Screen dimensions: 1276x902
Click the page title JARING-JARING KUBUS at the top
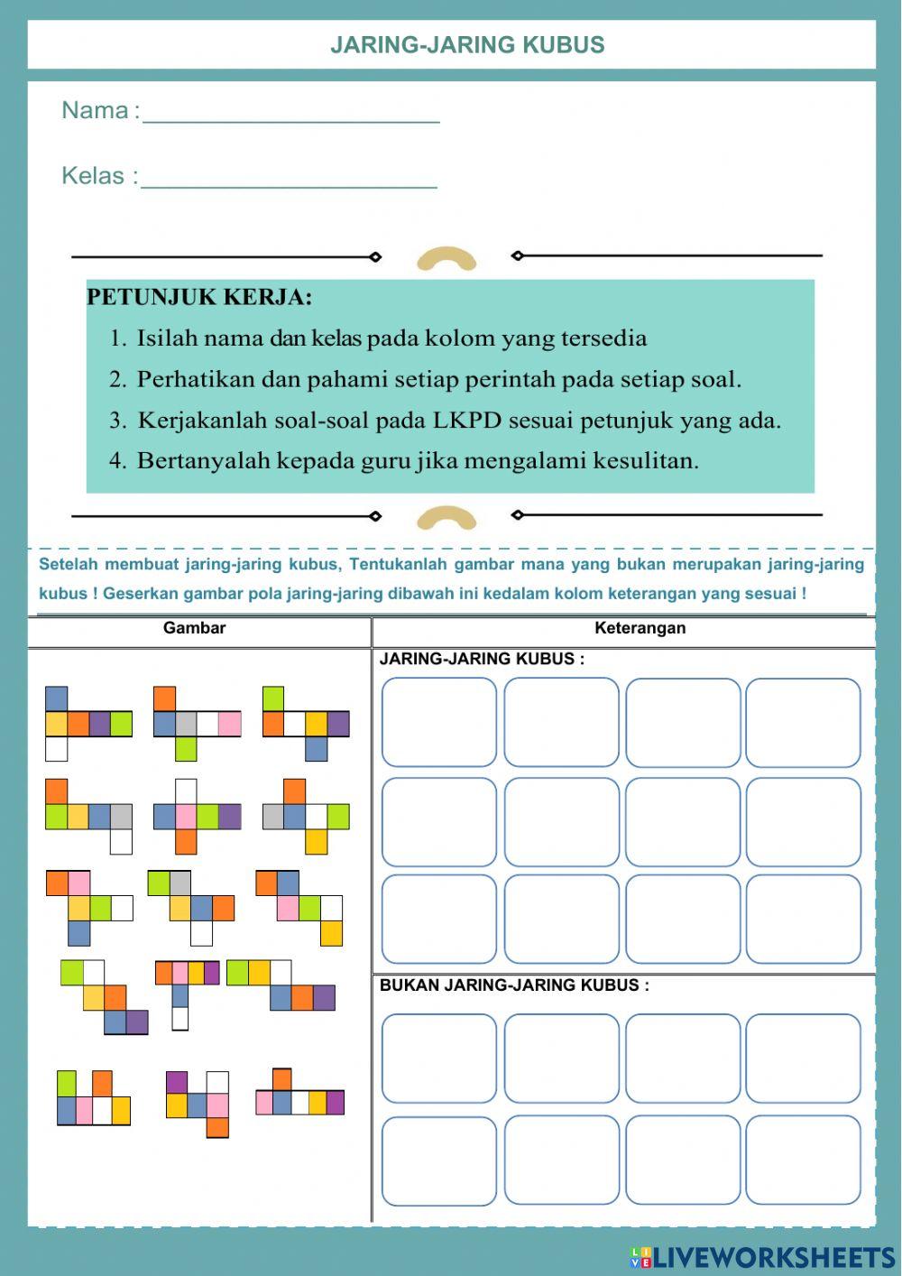[467, 45]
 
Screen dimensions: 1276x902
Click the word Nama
[95, 110]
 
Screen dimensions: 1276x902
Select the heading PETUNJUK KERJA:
[199, 297]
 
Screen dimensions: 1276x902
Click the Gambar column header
[194, 628]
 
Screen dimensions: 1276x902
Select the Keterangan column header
[640, 628]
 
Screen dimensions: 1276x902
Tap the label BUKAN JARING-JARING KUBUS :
[514, 985]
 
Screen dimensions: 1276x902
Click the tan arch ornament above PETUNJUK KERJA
[446, 259]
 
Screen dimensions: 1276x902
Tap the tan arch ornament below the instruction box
[446, 518]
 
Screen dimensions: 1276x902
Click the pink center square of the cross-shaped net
[186, 817]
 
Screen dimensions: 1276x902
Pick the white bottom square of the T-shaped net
[180, 1018]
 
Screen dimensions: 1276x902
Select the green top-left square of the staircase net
[72, 972]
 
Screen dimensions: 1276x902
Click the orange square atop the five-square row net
[282, 1079]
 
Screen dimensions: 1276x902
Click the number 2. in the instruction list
[117, 379]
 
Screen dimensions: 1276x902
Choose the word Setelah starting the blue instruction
[68, 565]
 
